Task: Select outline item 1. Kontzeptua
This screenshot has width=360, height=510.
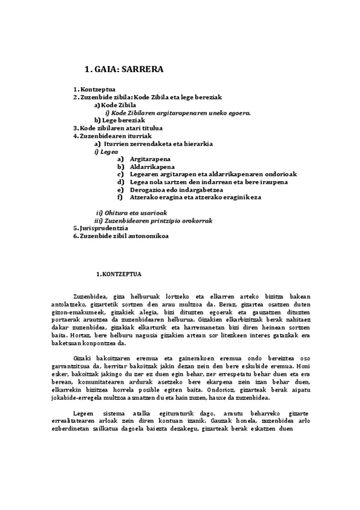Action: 94,89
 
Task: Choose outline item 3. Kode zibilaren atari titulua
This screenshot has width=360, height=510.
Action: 118,127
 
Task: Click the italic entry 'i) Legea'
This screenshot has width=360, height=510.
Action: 105,151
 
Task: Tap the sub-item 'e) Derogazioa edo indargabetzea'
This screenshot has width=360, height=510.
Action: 170,189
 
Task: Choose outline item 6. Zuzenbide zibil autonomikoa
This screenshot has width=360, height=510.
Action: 121,236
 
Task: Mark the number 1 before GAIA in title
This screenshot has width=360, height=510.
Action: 88,70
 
